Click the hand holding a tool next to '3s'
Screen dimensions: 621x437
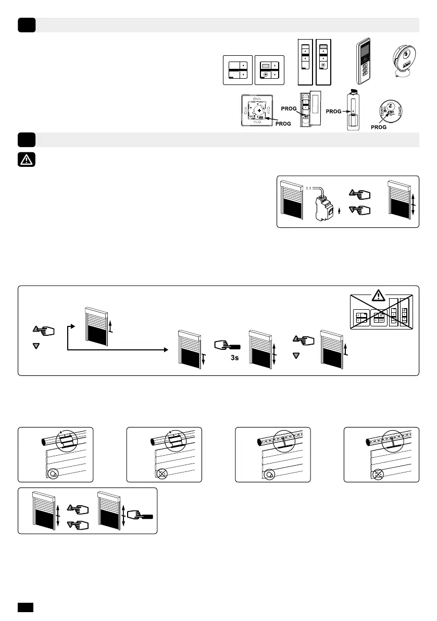point(226,345)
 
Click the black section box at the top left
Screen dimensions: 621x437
point(26,25)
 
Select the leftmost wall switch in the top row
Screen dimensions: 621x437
point(238,70)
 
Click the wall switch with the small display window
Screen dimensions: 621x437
point(269,70)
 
